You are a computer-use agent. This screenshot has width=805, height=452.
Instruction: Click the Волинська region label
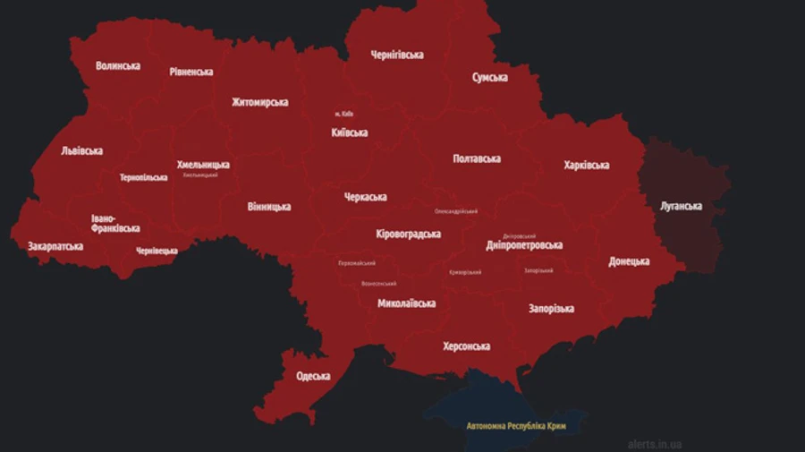click(x=118, y=65)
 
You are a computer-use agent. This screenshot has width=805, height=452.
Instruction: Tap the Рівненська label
click(x=191, y=72)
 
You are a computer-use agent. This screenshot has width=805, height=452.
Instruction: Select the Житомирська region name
click(x=259, y=102)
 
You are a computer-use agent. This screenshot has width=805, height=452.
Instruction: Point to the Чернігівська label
click(x=397, y=55)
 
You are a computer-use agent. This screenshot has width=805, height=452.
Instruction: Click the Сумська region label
click(x=490, y=78)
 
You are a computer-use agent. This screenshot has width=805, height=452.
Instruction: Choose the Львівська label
click(x=81, y=151)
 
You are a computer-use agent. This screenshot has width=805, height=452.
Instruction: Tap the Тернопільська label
click(x=144, y=177)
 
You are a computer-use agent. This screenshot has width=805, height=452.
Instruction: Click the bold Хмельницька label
click(x=203, y=165)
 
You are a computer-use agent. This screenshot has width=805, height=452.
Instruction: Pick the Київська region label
click(x=349, y=132)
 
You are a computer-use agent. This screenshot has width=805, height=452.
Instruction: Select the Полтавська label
click(x=477, y=158)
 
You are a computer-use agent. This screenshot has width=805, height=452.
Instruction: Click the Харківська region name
click(x=587, y=166)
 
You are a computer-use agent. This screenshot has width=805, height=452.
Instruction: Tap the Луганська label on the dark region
click(x=681, y=207)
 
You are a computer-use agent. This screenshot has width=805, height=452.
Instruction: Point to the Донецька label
click(x=629, y=261)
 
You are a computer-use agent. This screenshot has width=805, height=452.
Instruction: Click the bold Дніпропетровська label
click(x=524, y=244)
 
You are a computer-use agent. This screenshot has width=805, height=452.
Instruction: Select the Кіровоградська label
click(x=408, y=234)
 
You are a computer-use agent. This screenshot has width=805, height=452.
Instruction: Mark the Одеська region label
click(x=313, y=377)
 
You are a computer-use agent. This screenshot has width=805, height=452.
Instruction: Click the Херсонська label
click(x=466, y=346)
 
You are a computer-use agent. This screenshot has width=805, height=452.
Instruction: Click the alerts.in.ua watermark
click(x=654, y=443)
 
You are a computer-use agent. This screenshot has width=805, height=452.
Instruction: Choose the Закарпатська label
click(x=55, y=246)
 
